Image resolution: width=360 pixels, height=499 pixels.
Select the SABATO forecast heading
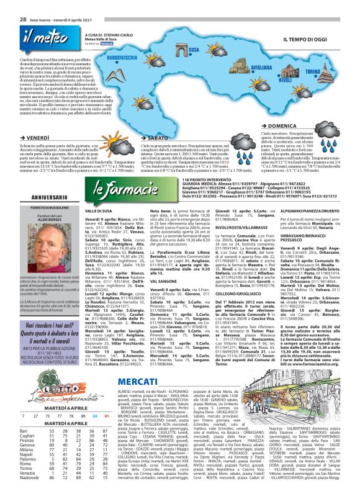[157, 137]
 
